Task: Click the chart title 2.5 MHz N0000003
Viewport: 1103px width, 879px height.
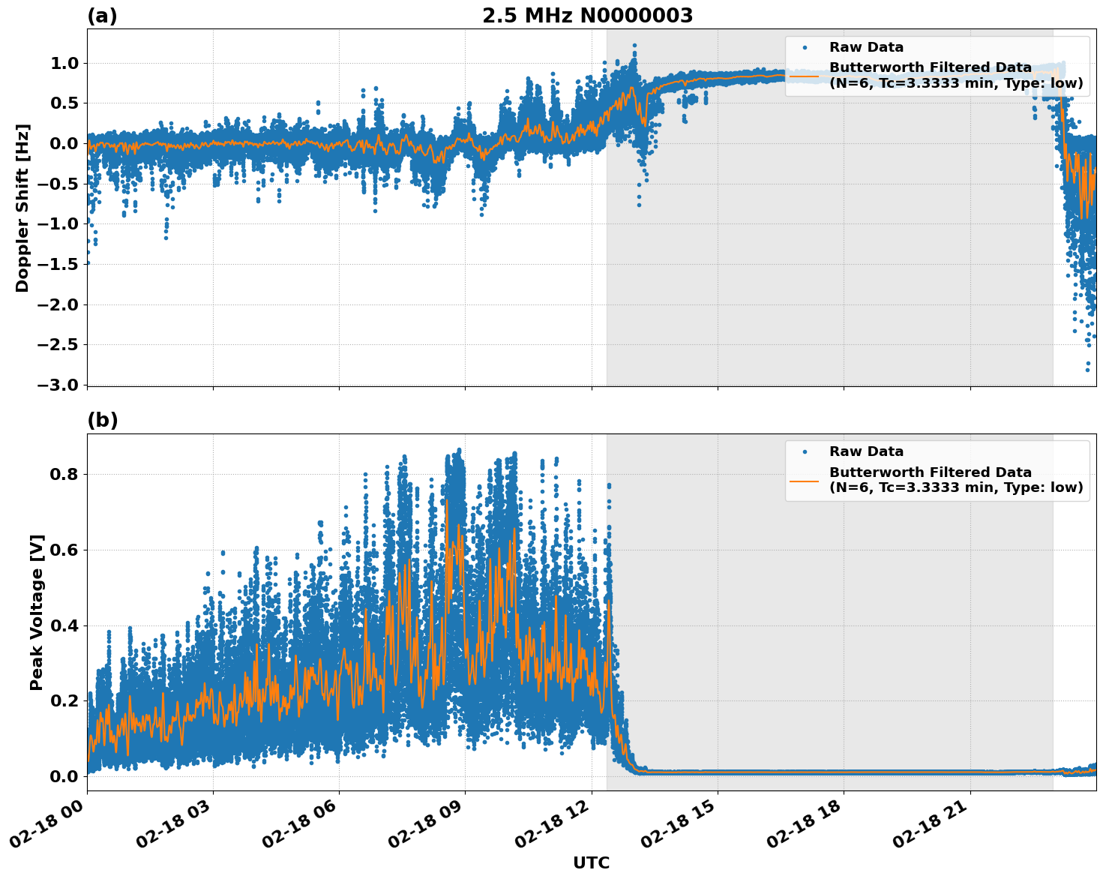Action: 587,16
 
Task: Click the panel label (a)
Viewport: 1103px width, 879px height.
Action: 102,16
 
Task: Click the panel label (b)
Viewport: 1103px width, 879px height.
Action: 103,420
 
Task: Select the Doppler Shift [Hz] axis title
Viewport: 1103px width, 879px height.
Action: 22,208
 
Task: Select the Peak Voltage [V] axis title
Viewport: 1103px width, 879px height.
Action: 37,612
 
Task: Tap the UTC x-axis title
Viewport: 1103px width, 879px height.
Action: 591,862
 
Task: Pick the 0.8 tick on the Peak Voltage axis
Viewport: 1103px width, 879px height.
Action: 64,474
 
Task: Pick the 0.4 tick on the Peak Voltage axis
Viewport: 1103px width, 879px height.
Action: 64,625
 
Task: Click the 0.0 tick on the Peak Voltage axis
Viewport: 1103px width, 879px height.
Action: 64,776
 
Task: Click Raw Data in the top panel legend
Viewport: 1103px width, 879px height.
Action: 866,47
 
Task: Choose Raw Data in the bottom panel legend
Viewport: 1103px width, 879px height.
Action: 866,451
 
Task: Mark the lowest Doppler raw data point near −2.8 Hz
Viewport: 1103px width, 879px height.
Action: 1087,370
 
